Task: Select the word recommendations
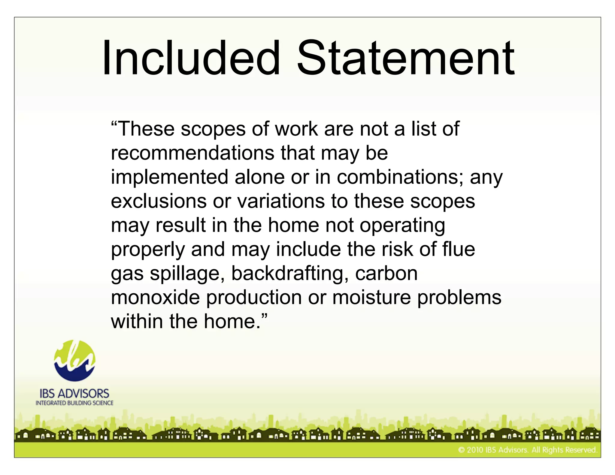[192, 153]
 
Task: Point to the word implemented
[169, 177]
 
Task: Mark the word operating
[402, 226]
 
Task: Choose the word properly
[148, 250]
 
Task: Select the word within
[137, 321]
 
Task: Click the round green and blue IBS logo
[75, 361]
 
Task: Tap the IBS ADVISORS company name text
[74, 394]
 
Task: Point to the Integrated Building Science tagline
[74, 403]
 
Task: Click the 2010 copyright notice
[527, 450]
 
